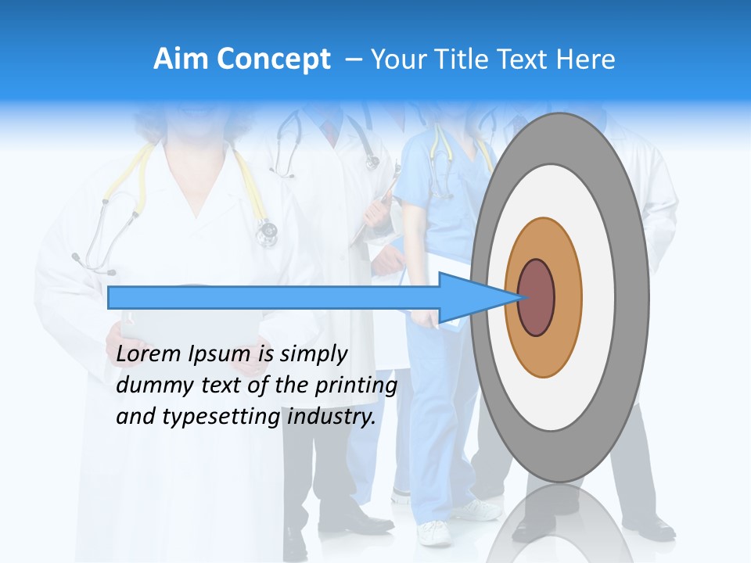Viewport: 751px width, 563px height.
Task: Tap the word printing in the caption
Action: (x=355, y=385)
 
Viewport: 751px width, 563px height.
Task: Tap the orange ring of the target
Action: (x=566, y=297)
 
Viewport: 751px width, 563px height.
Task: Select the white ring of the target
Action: (x=598, y=297)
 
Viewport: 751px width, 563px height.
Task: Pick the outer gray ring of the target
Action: (x=632, y=297)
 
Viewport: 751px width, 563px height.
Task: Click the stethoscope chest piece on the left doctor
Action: (x=267, y=231)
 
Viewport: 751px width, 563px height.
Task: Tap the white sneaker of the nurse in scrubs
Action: (x=434, y=533)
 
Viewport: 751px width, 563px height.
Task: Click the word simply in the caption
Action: (x=313, y=354)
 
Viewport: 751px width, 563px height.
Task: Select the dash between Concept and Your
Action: (x=353, y=59)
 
